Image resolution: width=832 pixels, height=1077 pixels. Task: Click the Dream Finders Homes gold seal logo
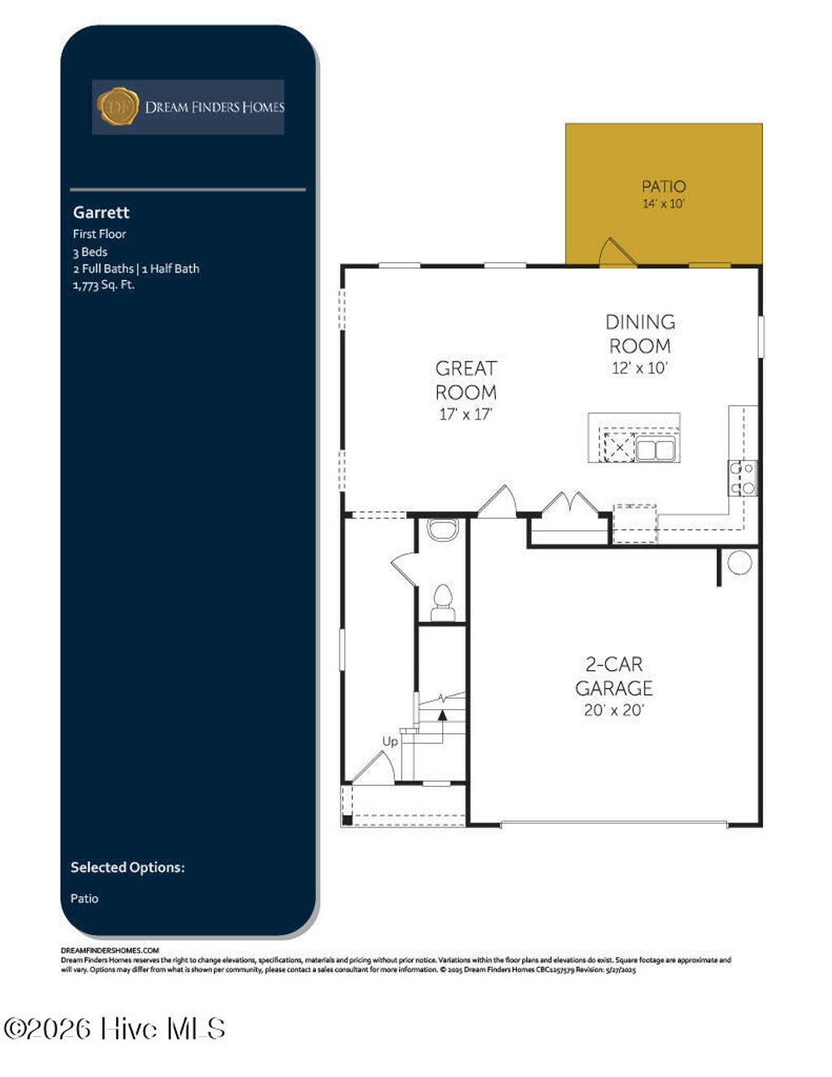[x=118, y=106]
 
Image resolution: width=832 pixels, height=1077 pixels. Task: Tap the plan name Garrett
[x=101, y=212]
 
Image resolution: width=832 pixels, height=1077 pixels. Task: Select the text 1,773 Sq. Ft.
[x=103, y=285]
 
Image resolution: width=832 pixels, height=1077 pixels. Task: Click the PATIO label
[x=663, y=186]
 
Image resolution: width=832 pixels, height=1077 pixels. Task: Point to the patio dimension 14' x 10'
[x=663, y=204]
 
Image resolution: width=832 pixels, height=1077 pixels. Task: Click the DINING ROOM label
[x=640, y=334]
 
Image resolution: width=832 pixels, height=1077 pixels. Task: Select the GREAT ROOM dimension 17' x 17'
[x=466, y=414]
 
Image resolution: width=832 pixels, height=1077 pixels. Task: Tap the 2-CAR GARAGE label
[x=613, y=677]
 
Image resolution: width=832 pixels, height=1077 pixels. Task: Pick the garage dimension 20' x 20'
[x=613, y=710]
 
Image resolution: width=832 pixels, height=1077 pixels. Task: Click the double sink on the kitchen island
[x=656, y=449]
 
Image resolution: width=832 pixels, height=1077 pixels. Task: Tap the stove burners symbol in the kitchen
[x=742, y=478]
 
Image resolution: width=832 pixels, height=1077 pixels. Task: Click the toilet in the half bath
[x=443, y=600]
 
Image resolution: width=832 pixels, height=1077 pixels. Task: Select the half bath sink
[x=443, y=530]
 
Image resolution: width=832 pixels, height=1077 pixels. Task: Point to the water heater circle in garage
[x=739, y=563]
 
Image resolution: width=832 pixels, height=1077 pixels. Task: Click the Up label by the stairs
[x=390, y=742]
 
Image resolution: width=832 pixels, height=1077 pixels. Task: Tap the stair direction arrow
[x=442, y=716]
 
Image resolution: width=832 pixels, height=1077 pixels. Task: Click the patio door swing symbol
[x=616, y=252]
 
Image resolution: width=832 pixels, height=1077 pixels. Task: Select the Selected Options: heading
[x=128, y=867]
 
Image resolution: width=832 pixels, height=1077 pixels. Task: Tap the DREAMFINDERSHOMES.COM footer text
[x=110, y=949]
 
